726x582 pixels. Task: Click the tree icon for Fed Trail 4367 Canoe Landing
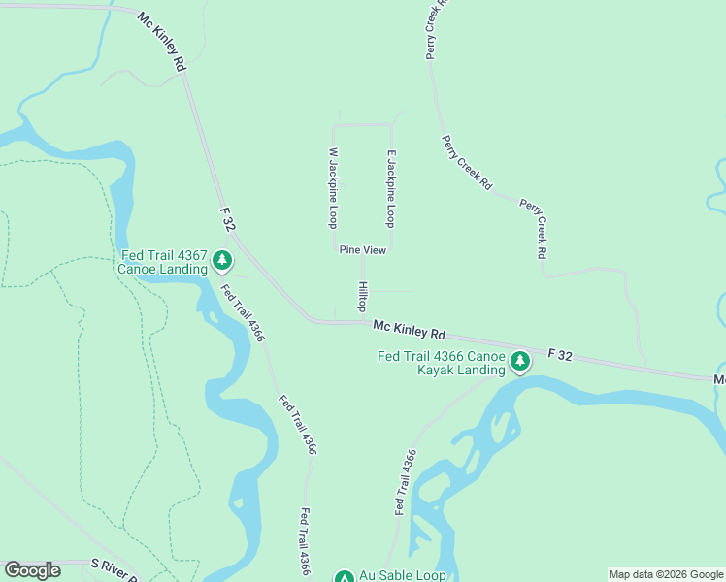tap(223, 260)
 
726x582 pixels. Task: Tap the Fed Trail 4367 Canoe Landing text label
tap(163, 262)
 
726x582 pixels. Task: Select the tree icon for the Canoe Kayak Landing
tap(520, 362)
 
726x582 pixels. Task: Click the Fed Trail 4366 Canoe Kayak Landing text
tap(442, 363)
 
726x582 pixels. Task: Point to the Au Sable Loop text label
tap(403, 575)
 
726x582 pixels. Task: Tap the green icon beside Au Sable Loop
tap(344, 577)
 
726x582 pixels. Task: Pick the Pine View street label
tap(363, 250)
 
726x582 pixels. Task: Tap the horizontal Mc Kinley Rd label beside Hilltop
tap(409, 331)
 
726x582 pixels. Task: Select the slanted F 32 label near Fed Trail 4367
tap(228, 219)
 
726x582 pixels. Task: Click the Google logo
tap(32, 570)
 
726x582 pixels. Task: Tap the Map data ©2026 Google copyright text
tap(666, 574)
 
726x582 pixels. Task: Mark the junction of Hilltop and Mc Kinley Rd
tap(363, 320)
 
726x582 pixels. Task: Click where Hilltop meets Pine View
tap(363, 257)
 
